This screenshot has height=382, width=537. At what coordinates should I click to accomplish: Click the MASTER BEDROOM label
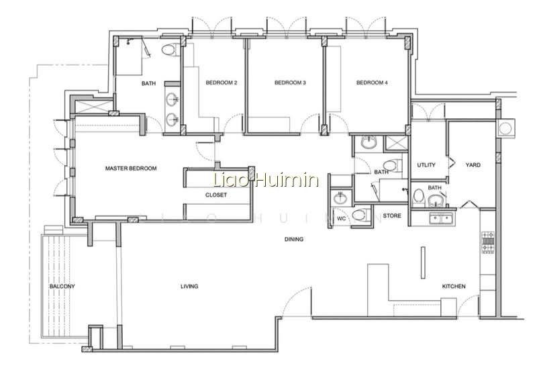(131, 169)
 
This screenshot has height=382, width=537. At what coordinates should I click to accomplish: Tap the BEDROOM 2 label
(222, 83)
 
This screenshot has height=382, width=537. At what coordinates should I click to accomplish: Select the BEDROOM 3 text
(290, 83)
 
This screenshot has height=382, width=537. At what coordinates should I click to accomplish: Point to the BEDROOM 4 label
(372, 83)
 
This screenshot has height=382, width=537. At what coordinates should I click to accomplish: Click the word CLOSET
(216, 195)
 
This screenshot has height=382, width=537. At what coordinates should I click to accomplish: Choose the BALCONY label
(62, 287)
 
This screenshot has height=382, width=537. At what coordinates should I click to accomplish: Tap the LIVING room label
(189, 287)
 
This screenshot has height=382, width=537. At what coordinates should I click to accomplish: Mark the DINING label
(294, 239)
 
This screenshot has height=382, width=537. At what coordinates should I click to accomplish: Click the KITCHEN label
(454, 287)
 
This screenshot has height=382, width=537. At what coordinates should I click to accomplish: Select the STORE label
(392, 216)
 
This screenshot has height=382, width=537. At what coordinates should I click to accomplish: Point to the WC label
(342, 219)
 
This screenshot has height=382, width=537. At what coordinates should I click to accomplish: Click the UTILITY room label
(426, 164)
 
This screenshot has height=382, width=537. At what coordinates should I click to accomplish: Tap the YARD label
(473, 164)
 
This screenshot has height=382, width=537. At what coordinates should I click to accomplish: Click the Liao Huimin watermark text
(266, 180)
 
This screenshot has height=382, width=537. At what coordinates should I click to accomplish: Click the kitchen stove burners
(488, 242)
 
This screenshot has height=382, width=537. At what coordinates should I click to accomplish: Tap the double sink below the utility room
(442, 218)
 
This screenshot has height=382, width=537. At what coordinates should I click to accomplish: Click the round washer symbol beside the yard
(505, 129)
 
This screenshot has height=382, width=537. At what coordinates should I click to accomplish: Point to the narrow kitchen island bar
(424, 262)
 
